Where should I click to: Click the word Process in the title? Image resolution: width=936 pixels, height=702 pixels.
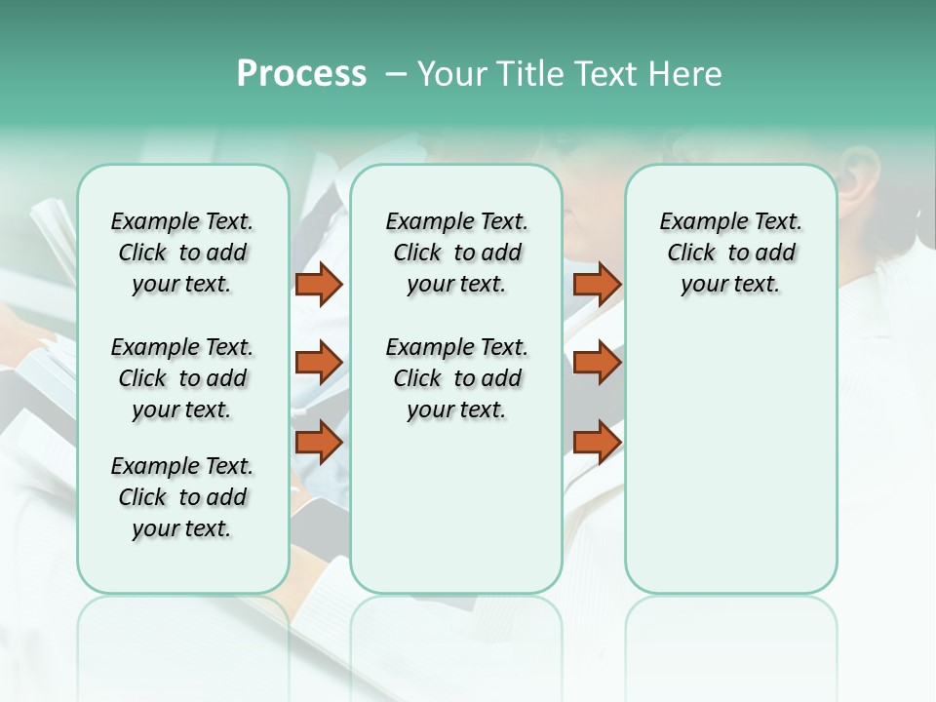[301, 73]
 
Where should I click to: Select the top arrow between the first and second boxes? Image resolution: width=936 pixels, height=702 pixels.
[319, 284]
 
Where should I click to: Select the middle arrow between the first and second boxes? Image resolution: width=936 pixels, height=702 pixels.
[319, 363]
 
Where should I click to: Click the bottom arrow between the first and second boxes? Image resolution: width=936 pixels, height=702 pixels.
[319, 442]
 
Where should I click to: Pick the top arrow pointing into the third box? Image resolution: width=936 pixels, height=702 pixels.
[597, 284]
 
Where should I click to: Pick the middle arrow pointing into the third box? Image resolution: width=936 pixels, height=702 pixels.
[597, 363]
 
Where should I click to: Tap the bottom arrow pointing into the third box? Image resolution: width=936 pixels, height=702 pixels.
[597, 442]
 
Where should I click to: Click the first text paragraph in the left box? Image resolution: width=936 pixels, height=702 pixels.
[182, 253]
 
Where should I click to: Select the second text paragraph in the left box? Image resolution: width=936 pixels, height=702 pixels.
[182, 378]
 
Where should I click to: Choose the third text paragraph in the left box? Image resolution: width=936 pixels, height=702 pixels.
[182, 497]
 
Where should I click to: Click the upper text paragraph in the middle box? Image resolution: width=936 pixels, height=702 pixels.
[456, 253]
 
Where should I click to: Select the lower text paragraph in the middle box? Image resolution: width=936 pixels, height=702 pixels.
[456, 378]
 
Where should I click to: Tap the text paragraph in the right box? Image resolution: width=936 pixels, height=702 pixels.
[731, 253]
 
